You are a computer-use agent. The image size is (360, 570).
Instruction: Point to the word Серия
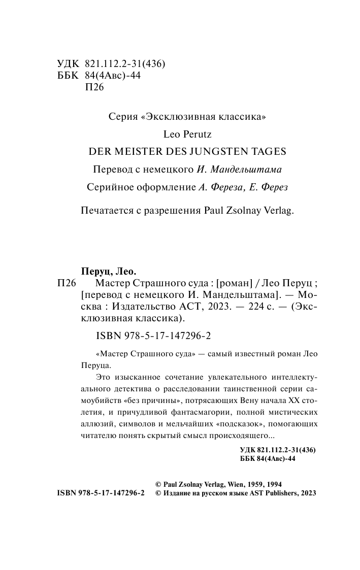(x=123, y=117)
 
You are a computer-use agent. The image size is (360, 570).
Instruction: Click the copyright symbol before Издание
(x=157, y=493)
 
